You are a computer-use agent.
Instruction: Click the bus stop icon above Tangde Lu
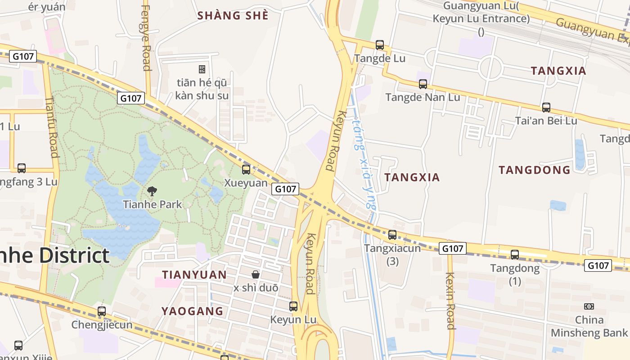pyautogui.click(x=380, y=45)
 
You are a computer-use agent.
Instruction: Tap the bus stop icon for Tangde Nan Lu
pyautogui.click(x=423, y=84)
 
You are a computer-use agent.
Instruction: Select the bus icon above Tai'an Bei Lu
pyautogui.click(x=546, y=108)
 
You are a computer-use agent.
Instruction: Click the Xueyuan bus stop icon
pyautogui.click(x=246, y=170)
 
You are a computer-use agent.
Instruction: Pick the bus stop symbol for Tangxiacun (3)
pyautogui.click(x=392, y=235)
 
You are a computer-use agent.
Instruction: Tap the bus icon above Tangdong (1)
pyautogui.click(x=515, y=255)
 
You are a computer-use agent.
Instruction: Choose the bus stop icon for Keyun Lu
pyautogui.click(x=293, y=306)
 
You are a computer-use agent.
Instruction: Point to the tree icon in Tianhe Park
pyautogui.click(x=152, y=191)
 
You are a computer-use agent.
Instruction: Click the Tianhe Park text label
pyautogui.click(x=153, y=204)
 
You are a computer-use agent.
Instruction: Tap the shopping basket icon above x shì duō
pyautogui.click(x=256, y=274)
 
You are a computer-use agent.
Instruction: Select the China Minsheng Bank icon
pyautogui.click(x=589, y=306)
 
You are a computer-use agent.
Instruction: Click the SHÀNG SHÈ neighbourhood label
pyautogui.click(x=233, y=16)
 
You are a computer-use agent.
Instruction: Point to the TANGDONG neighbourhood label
pyautogui.click(x=535, y=170)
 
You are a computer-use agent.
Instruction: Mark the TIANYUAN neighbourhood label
pyautogui.click(x=194, y=274)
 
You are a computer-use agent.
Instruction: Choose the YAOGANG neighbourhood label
pyautogui.click(x=193, y=311)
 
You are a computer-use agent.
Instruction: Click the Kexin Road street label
pyautogui.click(x=450, y=301)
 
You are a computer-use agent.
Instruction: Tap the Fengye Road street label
pyautogui.click(x=146, y=36)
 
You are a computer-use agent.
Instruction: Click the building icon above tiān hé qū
pyautogui.click(x=202, y=69)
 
